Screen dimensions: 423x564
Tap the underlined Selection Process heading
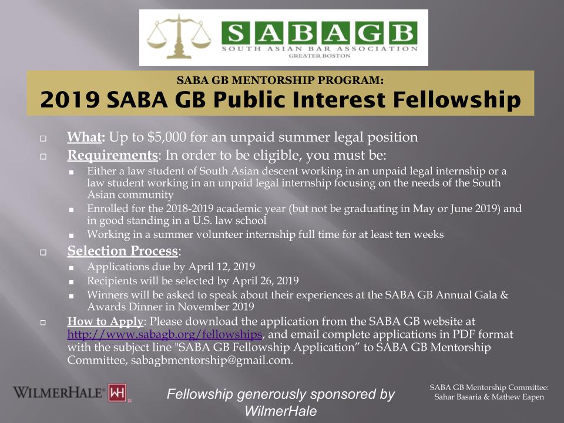pos(122,251)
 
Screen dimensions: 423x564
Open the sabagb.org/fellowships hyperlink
pos(164,335)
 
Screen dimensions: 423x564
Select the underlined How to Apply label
pos(105,322)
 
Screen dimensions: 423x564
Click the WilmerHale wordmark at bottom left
pos(59,392)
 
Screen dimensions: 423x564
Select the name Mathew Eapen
pos(521,398)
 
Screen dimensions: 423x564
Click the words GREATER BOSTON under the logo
pos(320,56)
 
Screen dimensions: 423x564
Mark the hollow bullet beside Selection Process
pos(43,253)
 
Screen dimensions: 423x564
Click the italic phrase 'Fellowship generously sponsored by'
pos(281,395)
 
